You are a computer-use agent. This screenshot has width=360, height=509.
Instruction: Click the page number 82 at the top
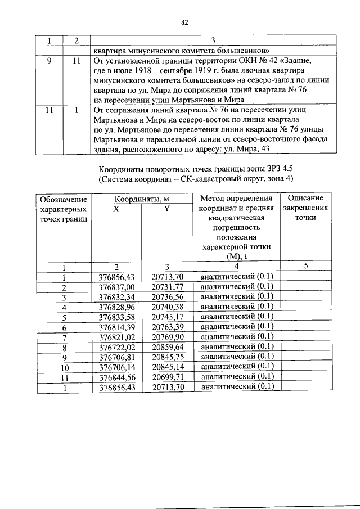point(183,22)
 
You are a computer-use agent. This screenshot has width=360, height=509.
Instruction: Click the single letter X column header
point(116,208)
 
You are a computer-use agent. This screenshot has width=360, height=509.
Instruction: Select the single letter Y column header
point(167,208)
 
